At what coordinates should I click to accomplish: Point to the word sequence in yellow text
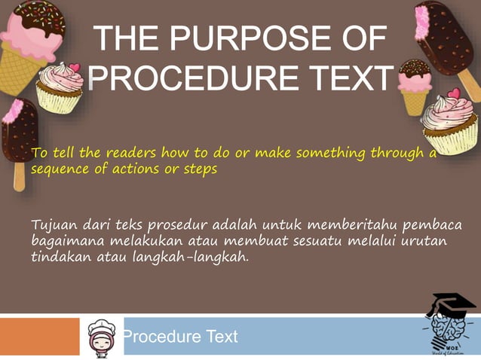point(58,169)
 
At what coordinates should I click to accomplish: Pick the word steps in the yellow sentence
point(201,169)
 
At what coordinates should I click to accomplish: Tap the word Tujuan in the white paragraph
point(54,225)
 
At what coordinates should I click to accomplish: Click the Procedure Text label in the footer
point(180,337)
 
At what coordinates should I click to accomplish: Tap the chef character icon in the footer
point(100,337)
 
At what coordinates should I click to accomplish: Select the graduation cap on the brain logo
point(452,304)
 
